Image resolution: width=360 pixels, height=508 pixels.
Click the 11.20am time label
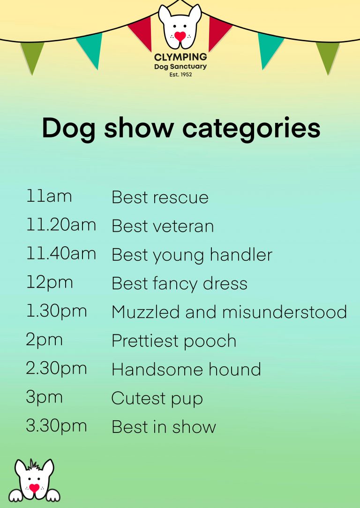(x=61, y=225)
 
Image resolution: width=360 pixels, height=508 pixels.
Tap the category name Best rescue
(x=160, y=197)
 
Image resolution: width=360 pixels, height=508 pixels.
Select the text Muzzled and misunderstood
(x=229, y=311)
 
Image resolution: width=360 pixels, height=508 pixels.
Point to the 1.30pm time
(x=57, y=311)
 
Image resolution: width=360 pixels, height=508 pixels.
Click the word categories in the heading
(x=251, y=129)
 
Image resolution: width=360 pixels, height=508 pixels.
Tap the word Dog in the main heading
(x=68, y=129)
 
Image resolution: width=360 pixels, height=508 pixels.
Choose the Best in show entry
(x=164, y=426)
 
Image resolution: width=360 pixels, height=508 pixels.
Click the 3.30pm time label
(x=56, y=426)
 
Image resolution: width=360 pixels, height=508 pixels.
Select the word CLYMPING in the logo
(x=180, y=57)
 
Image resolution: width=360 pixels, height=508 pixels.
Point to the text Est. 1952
(x=180, y=75)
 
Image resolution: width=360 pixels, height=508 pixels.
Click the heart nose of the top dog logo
(x=180, y=36)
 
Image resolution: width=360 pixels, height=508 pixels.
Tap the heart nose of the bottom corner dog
(x=34, y=487)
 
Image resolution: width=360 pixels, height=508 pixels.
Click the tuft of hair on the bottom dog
(x=33, y=464)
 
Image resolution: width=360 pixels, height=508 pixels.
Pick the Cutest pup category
(x=157, y=399)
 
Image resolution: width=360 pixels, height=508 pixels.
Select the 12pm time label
(x=50, y=282)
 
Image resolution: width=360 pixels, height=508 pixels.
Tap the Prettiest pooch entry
(x=174, y=341)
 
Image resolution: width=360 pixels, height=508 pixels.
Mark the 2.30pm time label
(x=56, y=369)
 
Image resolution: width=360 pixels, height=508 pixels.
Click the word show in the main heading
(x=139, y=129)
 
